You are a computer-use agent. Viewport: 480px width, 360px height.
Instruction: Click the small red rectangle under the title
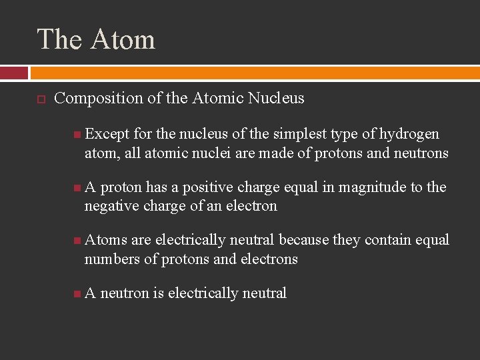click(x=14, y=73)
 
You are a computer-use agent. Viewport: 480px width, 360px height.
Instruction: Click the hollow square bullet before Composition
click(x=40, y=99)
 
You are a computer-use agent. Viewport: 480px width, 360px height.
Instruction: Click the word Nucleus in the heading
click(x=276, y=99)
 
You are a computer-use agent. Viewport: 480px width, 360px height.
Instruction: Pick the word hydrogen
click(x=409, y=134)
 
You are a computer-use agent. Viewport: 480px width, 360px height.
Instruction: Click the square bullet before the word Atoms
click(x=78, y=240)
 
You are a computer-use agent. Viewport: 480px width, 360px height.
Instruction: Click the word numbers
click(x=111, y=259)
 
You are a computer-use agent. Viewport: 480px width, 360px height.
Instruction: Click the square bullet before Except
click(x=78, y=135)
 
